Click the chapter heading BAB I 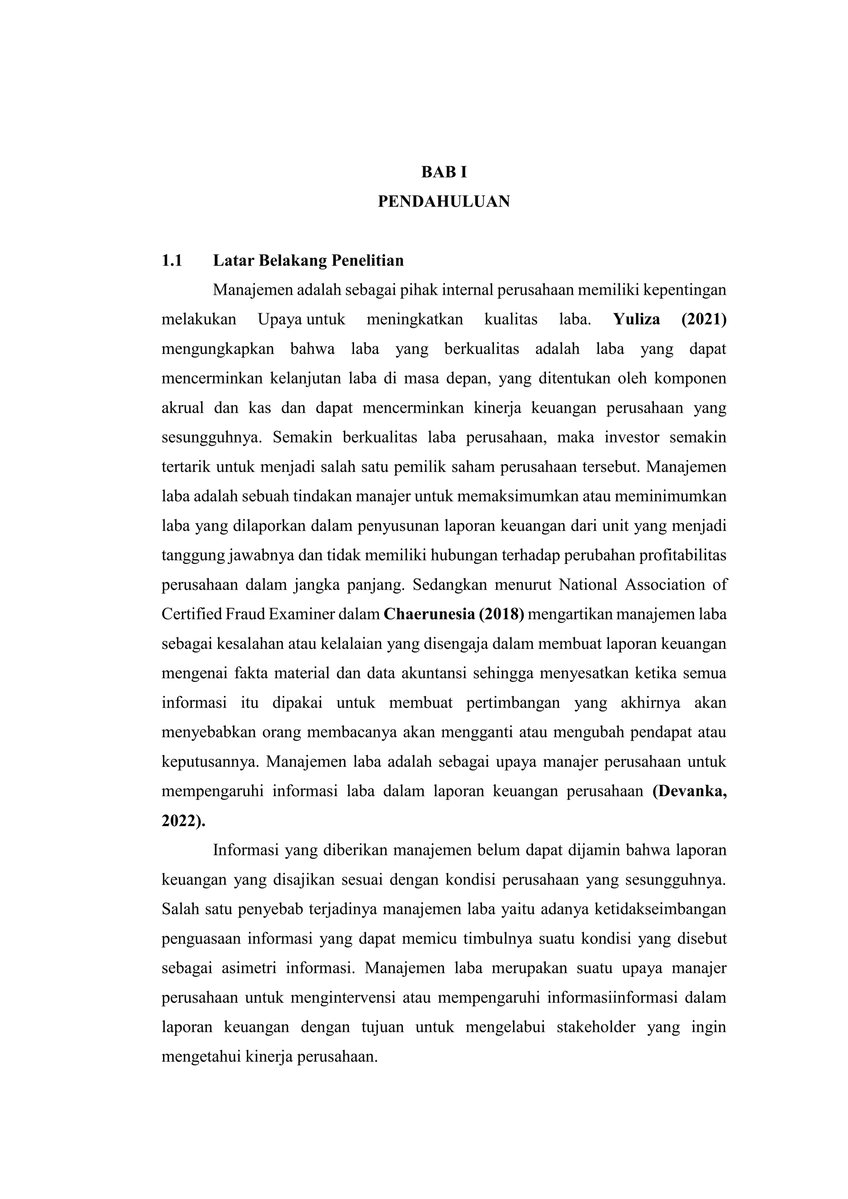(444, 172)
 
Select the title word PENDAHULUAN (444, 202)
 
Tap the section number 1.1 (172, 260)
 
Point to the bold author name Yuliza (636, 320)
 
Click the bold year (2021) (703, 320)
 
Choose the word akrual (182, 408)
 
